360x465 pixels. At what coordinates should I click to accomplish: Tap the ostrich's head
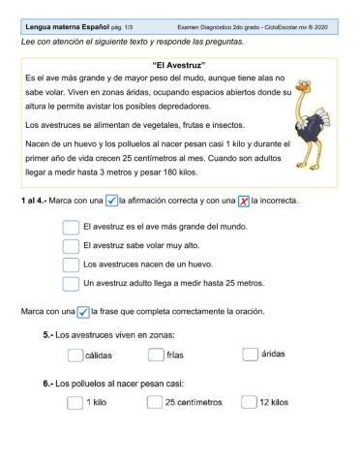point(305,84)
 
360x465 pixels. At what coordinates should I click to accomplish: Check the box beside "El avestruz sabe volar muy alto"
point(70,246)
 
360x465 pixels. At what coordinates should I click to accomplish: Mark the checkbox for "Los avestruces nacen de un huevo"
point(70,264)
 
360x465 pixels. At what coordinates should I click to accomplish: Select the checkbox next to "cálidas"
point(75,355)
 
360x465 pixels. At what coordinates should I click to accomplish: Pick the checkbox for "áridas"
point(250,355)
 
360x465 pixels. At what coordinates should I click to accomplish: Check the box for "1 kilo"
point(75,402)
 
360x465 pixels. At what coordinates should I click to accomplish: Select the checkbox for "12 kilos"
point(250,402)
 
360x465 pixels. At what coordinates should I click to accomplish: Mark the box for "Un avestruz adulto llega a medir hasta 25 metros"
point(70,284)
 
